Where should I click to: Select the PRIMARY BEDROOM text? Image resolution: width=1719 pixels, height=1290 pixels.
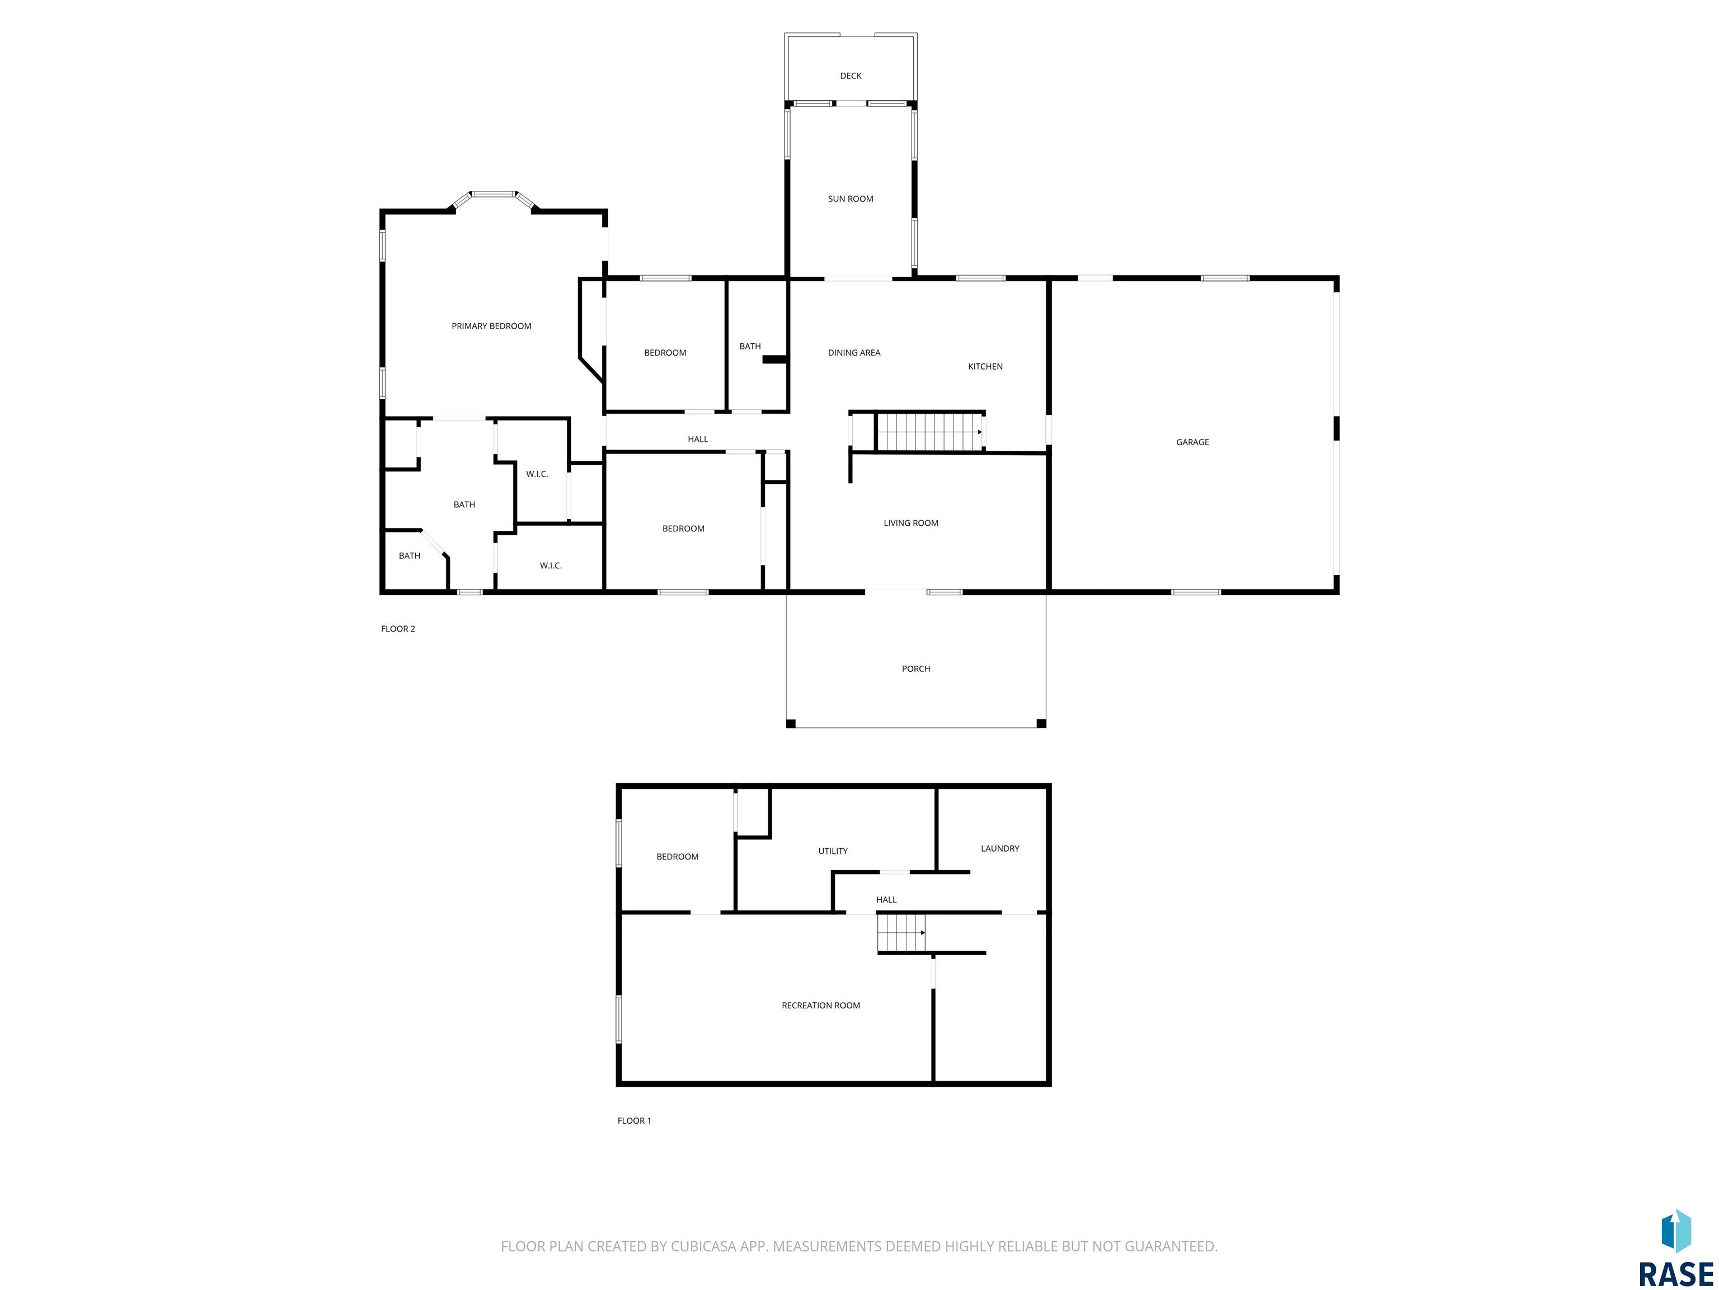(491, 326)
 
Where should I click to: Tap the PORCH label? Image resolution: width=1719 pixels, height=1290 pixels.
(915, 669)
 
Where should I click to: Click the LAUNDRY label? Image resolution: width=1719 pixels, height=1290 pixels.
(999, 848)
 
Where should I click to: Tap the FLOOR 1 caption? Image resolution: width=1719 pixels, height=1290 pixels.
(634, 1120)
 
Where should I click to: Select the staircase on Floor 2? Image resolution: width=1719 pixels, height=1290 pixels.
(929, 432)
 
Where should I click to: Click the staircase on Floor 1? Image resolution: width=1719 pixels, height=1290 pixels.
(901, 932)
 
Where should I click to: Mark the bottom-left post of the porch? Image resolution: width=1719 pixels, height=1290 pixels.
(791, 724)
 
